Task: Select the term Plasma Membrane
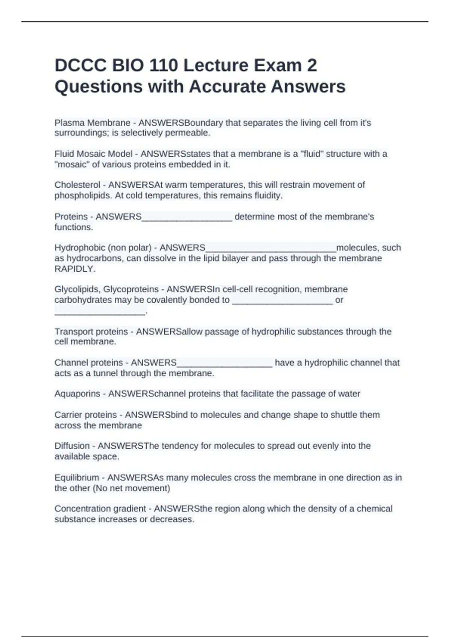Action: pyautogui.click(x=92, y=123)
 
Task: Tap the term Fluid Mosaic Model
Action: pyautogui.click(x=93, y=154)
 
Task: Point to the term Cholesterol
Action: pyautogui.click(x=77, y=185)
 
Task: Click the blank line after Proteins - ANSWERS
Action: pyautogui.click(x=187, y=217)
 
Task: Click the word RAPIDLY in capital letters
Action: pyautogui.click(x=75, y=269)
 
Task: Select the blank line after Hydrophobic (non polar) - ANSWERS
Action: pyautogui.click(x=271, y=248)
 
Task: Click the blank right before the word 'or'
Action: pyautogui.click(x=282, y=301)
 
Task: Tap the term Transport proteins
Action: pyautogui.click(x=91, y=332)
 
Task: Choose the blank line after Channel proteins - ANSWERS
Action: pyautogui.click(x=224, y=363)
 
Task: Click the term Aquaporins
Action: pyautogui.click(x=77, y=394)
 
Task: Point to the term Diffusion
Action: pyautogui.click(x=72, y=446)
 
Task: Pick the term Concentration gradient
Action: pyautogui.click(x=100, y=509)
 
